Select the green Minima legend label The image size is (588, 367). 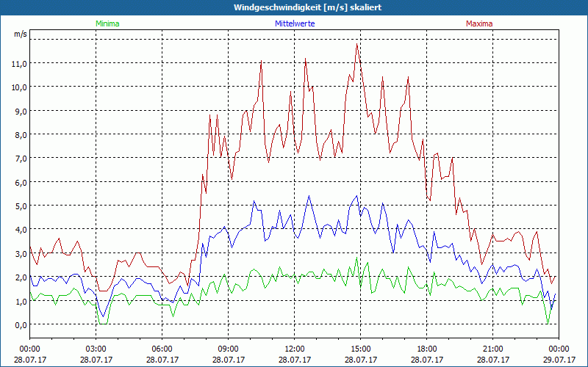click(107, 23)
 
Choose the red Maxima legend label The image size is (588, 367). click(479, 23)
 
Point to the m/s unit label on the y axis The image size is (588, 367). click(20, 34)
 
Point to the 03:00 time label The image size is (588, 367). click(96, 349)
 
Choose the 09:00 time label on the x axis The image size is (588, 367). click(229, 349)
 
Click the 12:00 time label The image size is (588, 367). click(295, 349)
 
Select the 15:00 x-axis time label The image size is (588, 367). click(361, 349)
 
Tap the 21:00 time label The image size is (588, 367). click(493, 349)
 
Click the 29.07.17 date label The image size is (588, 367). click(559, 360)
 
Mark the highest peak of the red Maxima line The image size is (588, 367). click(357, 44)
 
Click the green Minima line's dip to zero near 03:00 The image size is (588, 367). click(103, 323)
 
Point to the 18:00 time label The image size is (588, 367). click(427, 349)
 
